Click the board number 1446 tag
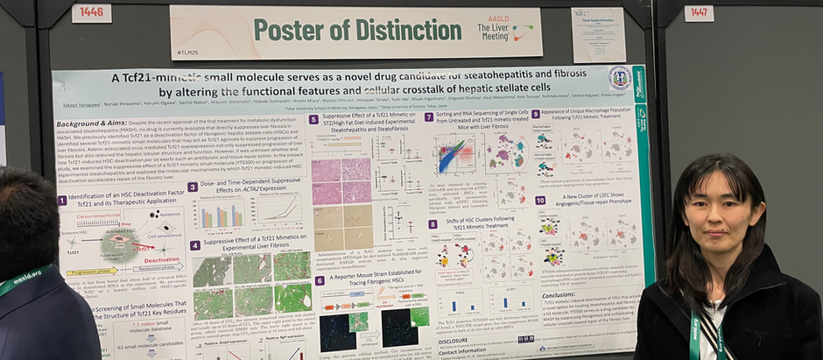click(91, 13)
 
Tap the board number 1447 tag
click(699, 13)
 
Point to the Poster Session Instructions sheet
click(598, 34)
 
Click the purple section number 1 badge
click(62, 201)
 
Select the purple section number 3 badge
click(193, 187)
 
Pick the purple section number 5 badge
click(313, 119)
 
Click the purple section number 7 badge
click(429, 116)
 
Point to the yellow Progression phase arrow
click(92, 272)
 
